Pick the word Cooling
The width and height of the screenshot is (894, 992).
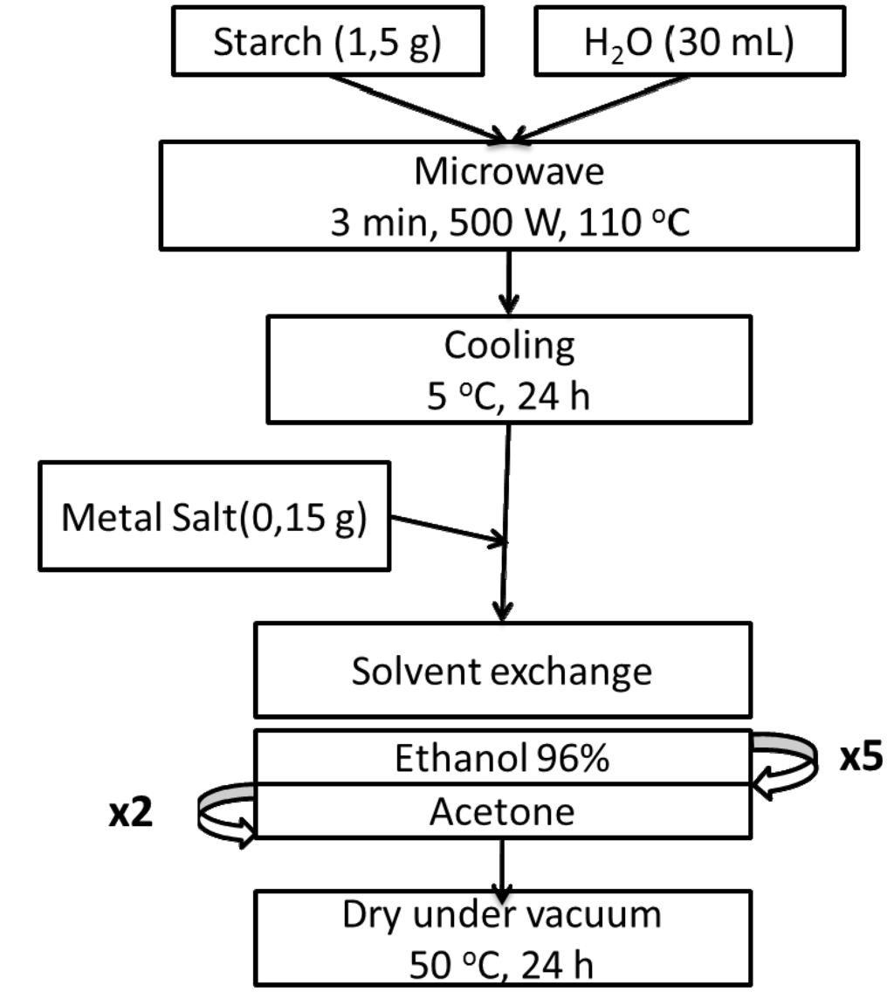tap(509, 346)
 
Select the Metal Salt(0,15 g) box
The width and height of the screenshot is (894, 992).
tap(215, 520)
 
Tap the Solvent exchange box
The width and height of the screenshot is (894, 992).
tap(502, 672)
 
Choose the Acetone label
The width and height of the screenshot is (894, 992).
tap(502, 812)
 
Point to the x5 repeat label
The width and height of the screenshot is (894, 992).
tap(861, 758)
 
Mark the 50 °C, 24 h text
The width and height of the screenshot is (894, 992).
tap(501, 966)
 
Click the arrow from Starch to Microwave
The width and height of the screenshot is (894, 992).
tap(419, 109)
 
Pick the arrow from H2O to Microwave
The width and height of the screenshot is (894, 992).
tap(598, 109)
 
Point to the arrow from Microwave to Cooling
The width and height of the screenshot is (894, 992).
tap(508, 281)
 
